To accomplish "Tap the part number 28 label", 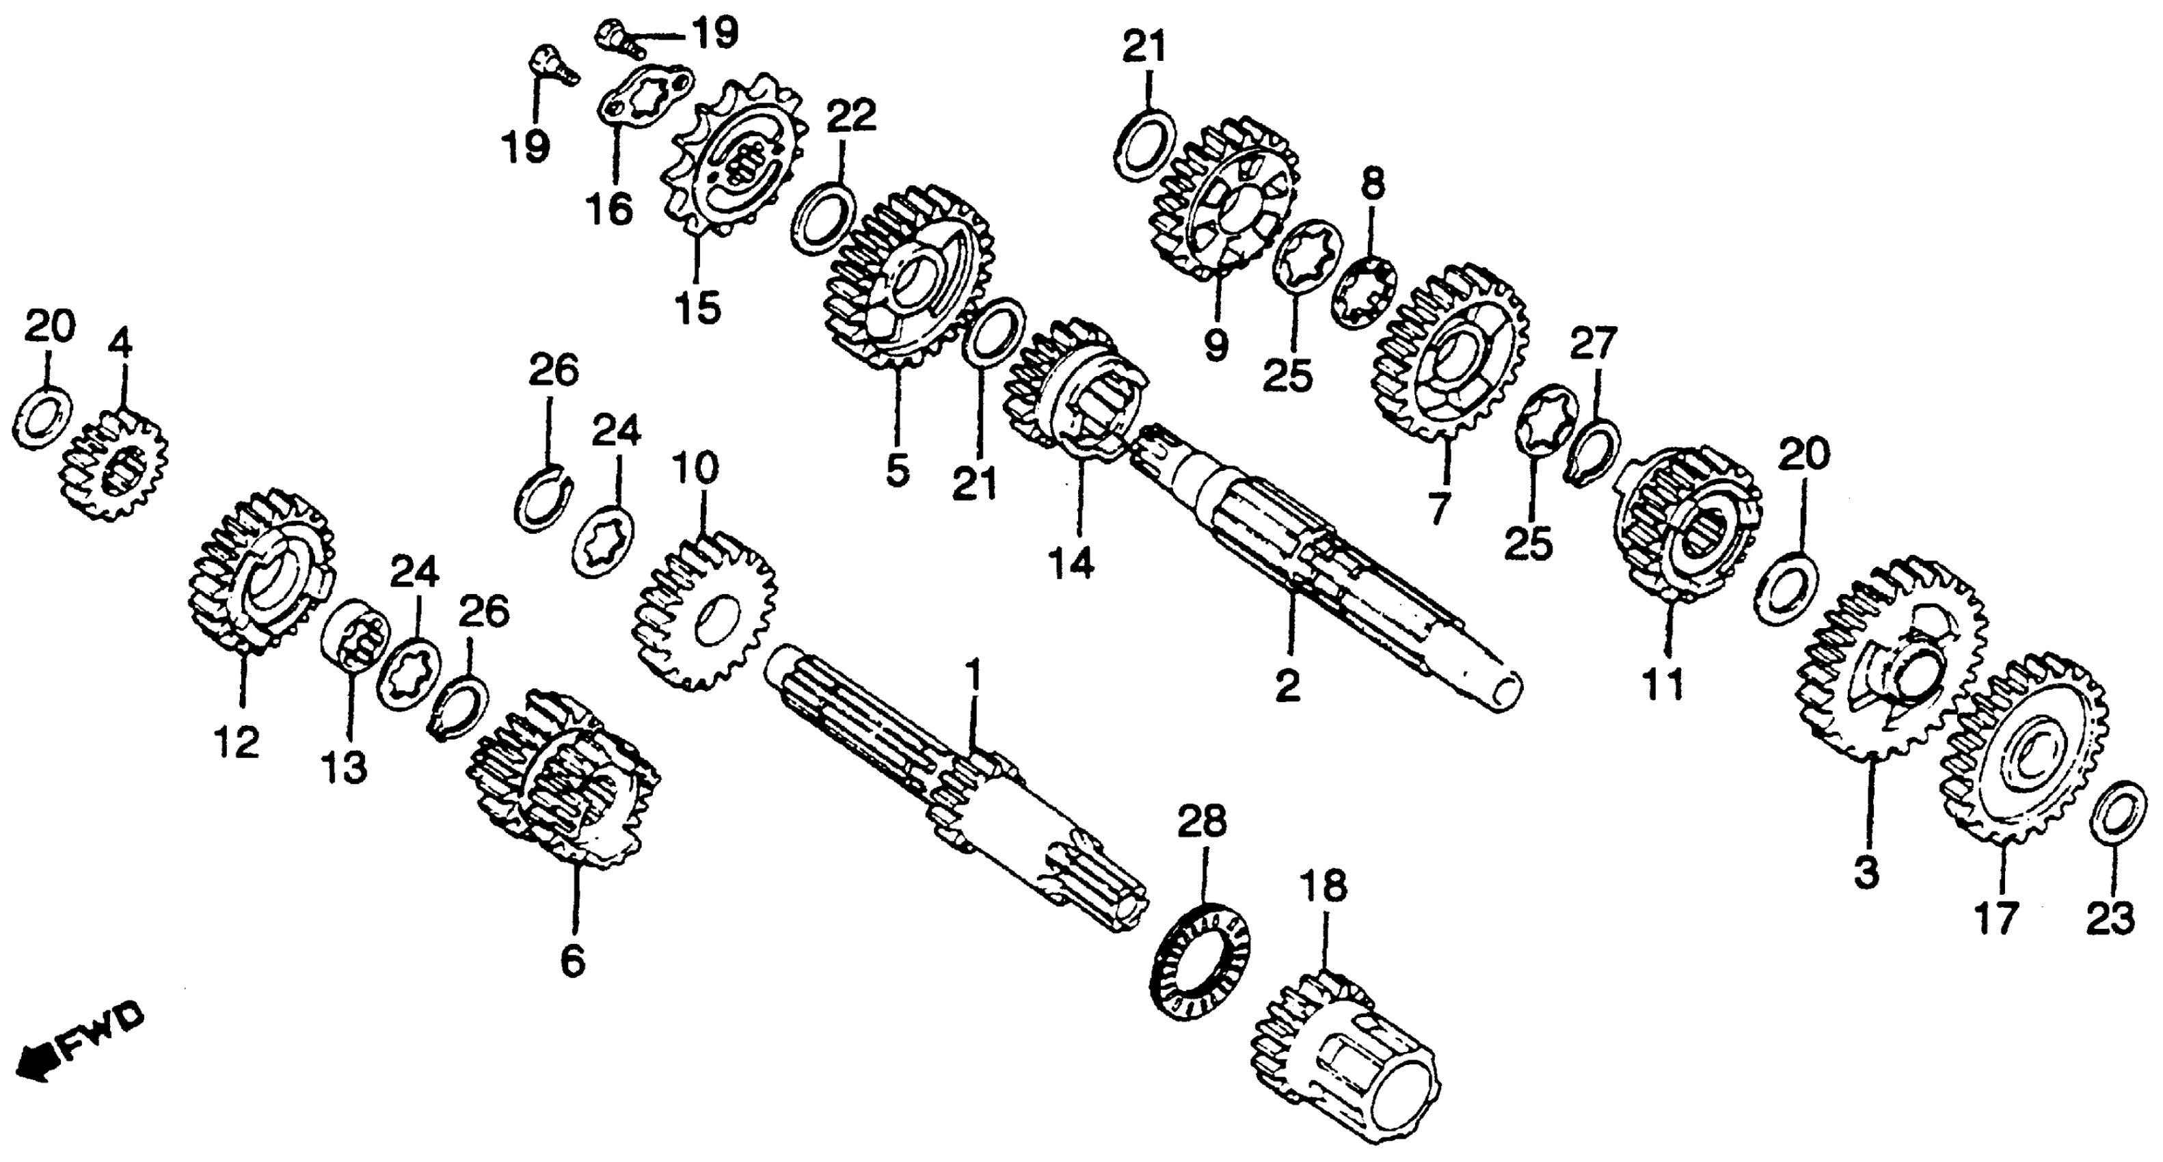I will pyautogui.click(x=1202, y=823).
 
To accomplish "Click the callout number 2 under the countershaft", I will pyautogui.click(x=1287, y=684).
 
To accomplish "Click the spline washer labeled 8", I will pyautogui.click(x=1365, y=294).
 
